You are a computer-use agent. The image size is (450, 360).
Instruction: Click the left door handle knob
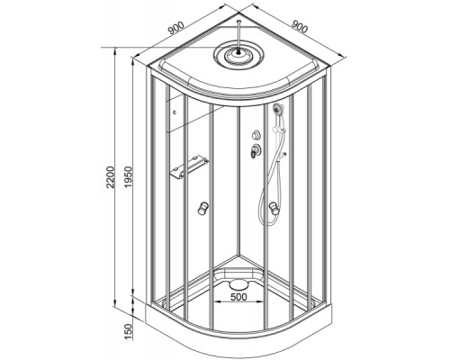tap(202, 210)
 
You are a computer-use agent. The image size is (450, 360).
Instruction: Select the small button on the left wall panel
tap(172, 115)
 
